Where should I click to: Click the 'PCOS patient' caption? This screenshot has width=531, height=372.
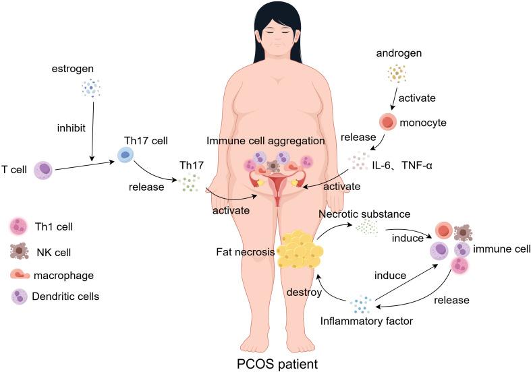point(266,363)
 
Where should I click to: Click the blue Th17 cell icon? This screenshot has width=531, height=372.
point(126,155)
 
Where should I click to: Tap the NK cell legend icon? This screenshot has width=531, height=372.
point(19,251)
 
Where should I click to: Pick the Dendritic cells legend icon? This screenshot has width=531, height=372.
point(20,296)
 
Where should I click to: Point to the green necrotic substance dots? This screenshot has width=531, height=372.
point(368,228)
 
